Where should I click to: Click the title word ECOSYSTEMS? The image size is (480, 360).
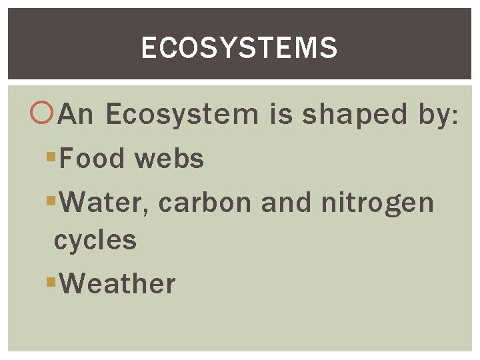239,48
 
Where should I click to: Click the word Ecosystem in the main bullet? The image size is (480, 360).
181,115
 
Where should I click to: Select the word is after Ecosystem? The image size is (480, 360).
281,115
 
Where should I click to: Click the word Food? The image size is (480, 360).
93,159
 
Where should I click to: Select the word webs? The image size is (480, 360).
169,159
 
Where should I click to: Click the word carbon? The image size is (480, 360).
207,203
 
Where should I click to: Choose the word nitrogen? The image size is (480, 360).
377,203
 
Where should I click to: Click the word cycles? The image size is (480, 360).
95,240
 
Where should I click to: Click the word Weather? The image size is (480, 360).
117,283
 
